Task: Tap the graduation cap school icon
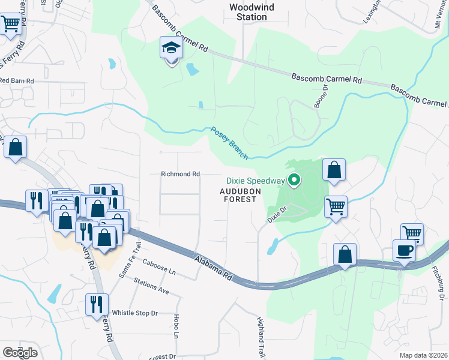point(171,48)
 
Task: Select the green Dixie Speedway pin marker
point(294,179)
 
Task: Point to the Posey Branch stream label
point(229,143)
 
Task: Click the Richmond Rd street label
point(180,174)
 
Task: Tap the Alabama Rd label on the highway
point(213,268)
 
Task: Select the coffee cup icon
point(404,250)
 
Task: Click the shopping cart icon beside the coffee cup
point(412,233)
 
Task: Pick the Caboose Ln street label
point(159,267)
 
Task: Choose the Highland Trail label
point(261,329)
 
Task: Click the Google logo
point(19,352)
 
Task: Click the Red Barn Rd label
point(17,80)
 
